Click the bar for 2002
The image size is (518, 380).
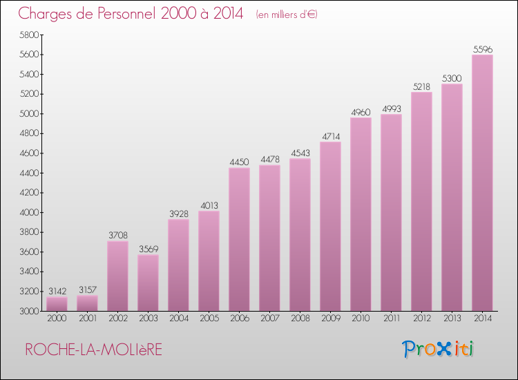coord(117,276)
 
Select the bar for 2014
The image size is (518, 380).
coord(482,183)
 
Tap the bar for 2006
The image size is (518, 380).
coord(239,239)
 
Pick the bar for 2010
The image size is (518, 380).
coord(361,214)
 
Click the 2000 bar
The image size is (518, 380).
coord(57,304)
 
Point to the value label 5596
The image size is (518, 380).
coord(482,49)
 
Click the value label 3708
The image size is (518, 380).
coord(117,236)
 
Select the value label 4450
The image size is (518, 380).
coord(239,162)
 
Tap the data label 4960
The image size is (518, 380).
coord(361,112)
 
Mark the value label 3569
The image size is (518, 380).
coord(148,249)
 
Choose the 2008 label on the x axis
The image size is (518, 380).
coord(300,319)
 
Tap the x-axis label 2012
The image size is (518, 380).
coord(421,319)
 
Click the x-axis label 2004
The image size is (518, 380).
coord(178,319)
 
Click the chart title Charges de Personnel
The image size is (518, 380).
coord(131,14)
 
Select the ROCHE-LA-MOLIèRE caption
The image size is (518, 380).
coord(93,350)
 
